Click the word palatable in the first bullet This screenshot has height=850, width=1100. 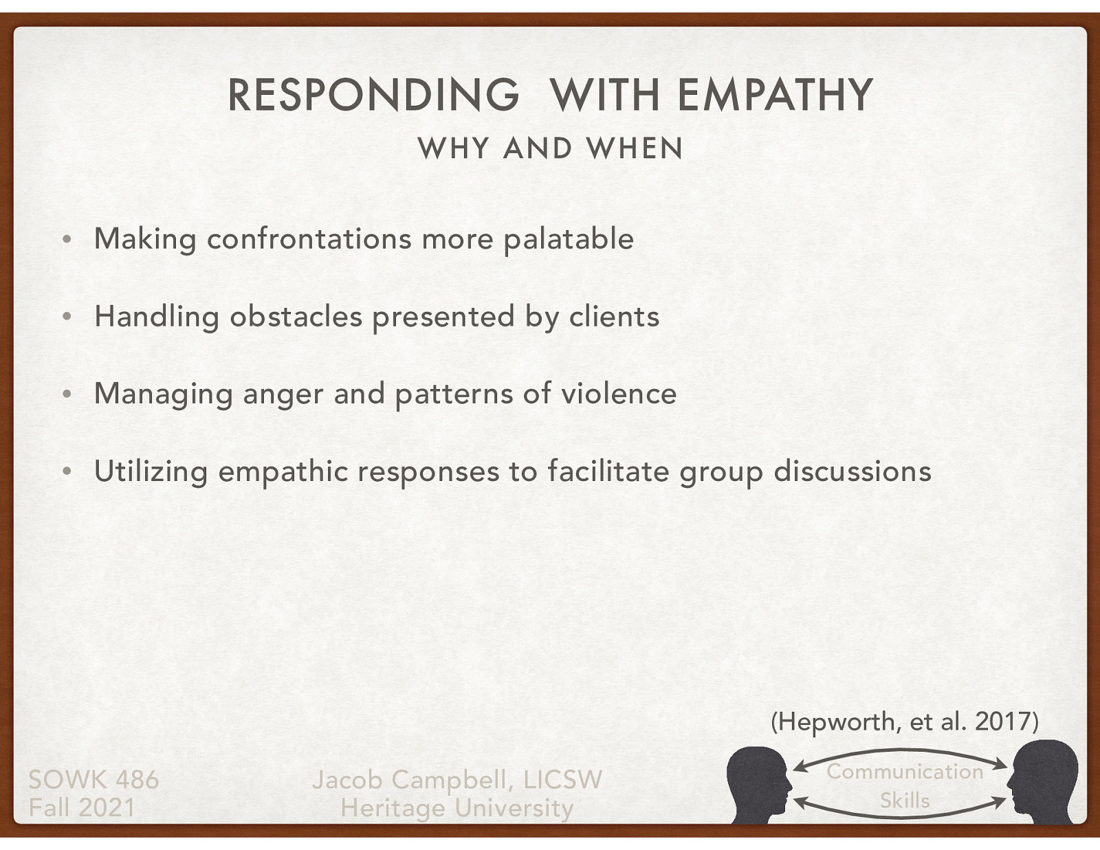coord(569,239)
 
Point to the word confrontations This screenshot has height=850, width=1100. coord(309,239)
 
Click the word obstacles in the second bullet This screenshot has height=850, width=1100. coord(296,317)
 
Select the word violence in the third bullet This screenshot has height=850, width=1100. coord(619,394)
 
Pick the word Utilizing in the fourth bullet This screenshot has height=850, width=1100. coord(151,472)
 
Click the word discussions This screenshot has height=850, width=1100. coord(852,471)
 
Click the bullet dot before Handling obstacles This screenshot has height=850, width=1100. coord(66,317)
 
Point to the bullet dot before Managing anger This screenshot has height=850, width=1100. coord(66,395)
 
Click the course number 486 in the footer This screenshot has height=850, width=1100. coord(137,780)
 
